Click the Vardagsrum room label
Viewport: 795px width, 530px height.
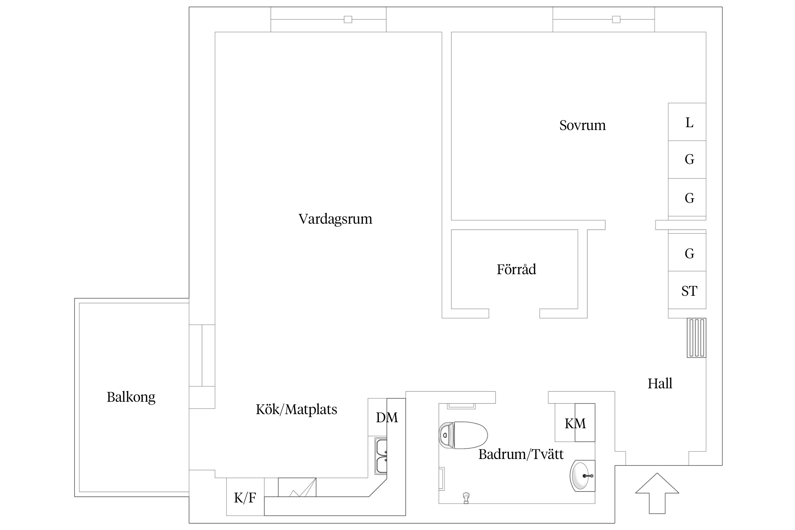[x=335, y=219]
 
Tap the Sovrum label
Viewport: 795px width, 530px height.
[x=582, y=125]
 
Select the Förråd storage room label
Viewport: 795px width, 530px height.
[x=516, y=270]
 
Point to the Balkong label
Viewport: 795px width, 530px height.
[x=131, y=397]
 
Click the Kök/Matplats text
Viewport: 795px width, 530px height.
[x=296, y=410]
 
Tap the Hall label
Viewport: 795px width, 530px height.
[x=659, y=384]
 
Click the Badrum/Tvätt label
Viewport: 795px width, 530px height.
[x=520, y=454]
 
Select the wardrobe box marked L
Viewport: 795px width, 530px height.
[x=687, y=122]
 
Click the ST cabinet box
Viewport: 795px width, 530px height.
[x=687, y=290]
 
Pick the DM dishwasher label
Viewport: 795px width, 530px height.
[x=387, y=418]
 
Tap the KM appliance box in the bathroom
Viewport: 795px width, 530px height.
[x=575, y=423]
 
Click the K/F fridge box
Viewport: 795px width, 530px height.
[x=245, y=498]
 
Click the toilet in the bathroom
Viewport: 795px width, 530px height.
[x=463, y=435]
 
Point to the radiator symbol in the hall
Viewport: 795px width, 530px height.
[x=696, y=338]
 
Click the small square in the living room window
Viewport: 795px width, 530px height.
[x=348, y=19]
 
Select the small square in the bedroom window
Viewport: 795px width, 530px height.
[x=616, y=19]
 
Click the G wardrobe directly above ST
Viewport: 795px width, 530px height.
[x=687, y=253]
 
